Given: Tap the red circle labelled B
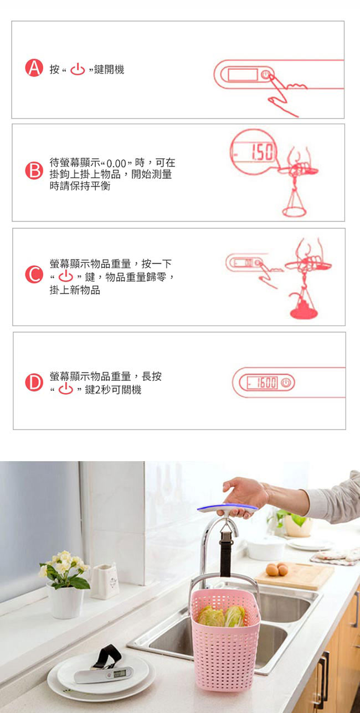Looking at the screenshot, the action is tap(34, 170).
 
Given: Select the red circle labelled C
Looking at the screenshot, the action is tap(34, 275).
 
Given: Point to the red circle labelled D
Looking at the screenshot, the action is tap(34, 383).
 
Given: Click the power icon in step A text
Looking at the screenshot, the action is tap(78, 69).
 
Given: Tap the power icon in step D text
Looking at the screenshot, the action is tap(65, 389).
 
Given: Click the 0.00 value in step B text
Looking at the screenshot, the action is tap(116, 164).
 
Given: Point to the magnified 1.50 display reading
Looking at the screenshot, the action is tap(262, 152).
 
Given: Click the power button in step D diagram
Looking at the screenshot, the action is tap(286, 383).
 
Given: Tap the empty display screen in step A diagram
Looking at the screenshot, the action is tap(243, 75).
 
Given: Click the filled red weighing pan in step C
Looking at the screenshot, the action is tap(304, 309).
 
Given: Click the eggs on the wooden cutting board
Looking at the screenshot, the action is tap(277, 569).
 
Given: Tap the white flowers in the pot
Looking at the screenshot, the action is tap(64, 563).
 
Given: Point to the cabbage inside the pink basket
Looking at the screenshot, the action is tap(222, 616).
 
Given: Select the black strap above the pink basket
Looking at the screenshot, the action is tap(225, 551).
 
